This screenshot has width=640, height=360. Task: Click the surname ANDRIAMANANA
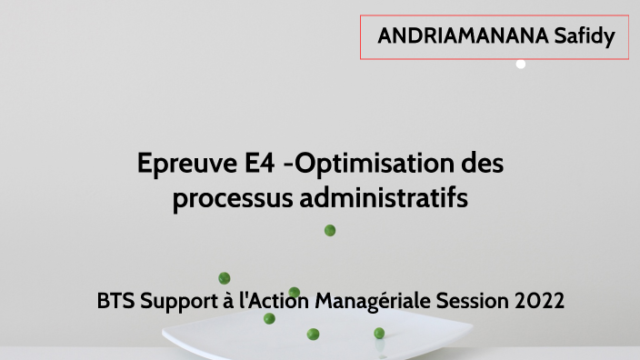tap(464, 36)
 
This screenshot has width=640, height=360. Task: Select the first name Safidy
tap(585, 36)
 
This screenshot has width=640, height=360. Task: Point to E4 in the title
tap(262, 165)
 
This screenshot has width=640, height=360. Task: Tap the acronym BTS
tap(115, 300)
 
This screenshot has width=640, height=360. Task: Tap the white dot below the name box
tap(521, 65)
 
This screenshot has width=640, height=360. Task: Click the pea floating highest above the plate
tap(330, 231)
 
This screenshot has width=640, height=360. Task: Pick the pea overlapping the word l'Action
tap(294, 293)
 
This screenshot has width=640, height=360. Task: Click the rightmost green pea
tap(379, 334)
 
